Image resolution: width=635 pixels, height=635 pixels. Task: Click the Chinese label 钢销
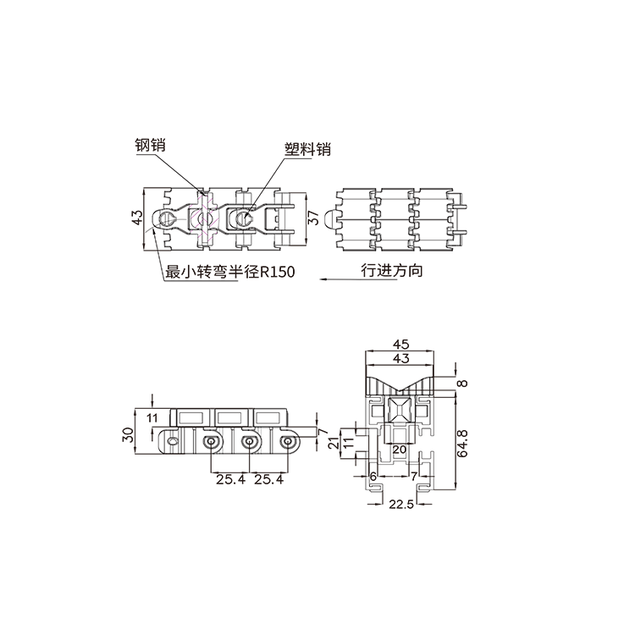(x=150, y=145)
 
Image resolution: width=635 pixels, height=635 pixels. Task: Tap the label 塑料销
(x=308, y=149)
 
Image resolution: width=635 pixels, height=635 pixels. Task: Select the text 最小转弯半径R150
(x=230, y=271)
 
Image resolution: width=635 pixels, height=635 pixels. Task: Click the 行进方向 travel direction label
(x=392, y=270)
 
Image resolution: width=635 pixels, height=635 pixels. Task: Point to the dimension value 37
(x=314, y=218)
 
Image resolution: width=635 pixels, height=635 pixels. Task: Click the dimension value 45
(x=401, y=345)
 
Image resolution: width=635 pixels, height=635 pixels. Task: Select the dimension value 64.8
(x=462, y=444)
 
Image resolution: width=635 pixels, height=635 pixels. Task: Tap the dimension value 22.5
(x=401, y=505)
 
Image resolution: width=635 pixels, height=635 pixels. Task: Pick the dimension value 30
(x=129, y=434)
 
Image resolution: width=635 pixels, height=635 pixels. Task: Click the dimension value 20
(x=400, y=449)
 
